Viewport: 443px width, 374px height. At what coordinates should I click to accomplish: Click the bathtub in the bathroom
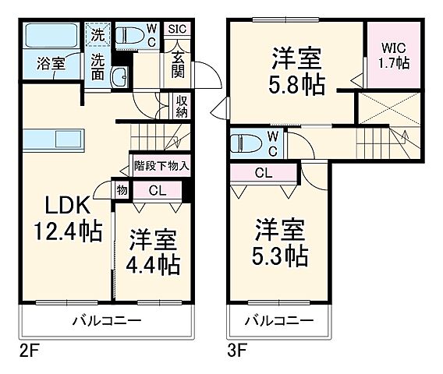click(x=50, y=37)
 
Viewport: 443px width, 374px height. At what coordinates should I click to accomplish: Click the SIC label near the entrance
click(x=177, y=30)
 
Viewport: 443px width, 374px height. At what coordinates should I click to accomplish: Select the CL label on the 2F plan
click(x=156, y=189)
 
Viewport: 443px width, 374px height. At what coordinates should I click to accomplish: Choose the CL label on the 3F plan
click(x=264, y=173)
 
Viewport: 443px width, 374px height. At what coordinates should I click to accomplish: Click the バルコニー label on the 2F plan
click(x=106, y=321)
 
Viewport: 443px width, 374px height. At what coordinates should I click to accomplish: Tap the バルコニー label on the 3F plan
click(x=280, y=321)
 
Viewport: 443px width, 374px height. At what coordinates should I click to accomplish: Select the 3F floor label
click(x=236, y=349)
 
